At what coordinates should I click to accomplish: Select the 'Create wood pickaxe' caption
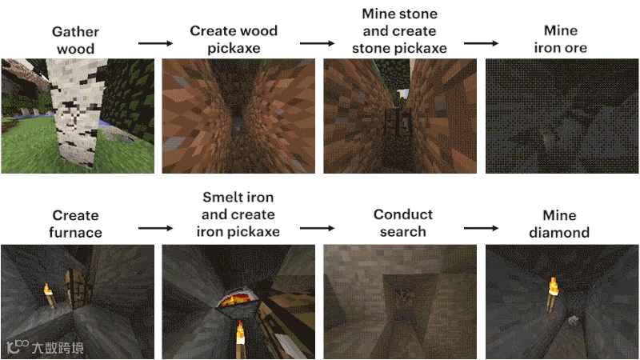click(x=234, y=39)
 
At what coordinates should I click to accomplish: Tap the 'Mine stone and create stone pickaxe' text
click(x=398, y=31)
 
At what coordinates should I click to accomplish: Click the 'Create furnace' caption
click(x=76, y=223)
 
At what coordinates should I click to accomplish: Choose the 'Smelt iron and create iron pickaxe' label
click(x=238, y=214)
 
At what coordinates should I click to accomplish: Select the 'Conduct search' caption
click(x=403, y=223)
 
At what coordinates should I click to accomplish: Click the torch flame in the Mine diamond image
click(x=553, y=282)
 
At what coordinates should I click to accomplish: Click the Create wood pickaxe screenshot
click(x=238, y=116)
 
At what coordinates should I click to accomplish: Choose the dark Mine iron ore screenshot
click(x=562, y=116)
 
